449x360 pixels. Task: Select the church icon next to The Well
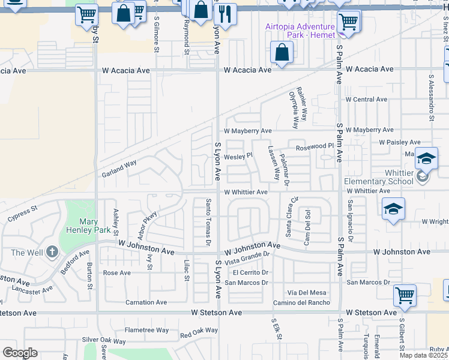(x=52, y=252)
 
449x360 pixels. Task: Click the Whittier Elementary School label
(x=379, y=181)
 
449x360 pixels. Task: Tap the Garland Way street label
(x=119, y=166)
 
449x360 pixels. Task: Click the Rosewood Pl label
(x=314, y=146)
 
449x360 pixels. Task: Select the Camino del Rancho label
(x=301, y=302)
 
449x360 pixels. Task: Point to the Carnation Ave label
(x=146, y=302)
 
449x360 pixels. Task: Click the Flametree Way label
(x=146, y=330)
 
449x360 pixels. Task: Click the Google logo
(x=20, y=353)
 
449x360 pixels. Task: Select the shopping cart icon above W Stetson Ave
(x=405, y=295)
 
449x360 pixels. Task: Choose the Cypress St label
(x=22, y=215)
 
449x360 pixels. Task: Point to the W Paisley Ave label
(x=400, y=142)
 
